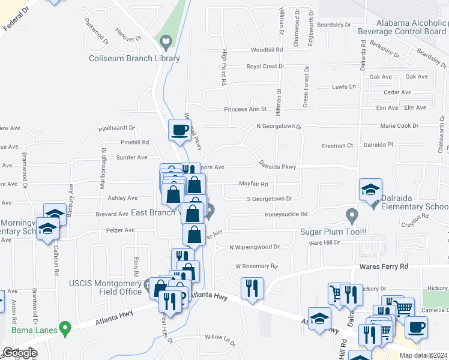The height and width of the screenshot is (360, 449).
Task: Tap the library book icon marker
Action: pos(166,41)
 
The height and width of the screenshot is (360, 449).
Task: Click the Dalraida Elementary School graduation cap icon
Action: pos(370,190)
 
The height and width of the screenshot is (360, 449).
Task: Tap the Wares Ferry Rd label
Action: pos(384,266)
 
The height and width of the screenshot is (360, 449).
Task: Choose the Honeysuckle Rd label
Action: pos(287,214)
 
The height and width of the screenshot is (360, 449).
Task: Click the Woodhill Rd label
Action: pos(267,50)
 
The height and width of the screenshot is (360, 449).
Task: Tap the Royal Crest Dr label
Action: pos(265,67)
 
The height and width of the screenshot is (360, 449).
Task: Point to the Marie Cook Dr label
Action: pos(399,126)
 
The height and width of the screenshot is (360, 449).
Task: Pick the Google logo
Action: pos(20,353)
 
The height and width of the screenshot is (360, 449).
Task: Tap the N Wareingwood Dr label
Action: pos(255,247)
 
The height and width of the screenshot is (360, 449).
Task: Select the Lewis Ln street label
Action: pos(343,87)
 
